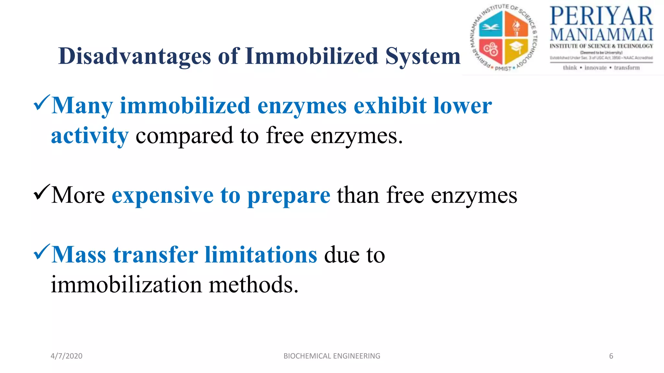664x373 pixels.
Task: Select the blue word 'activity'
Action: tap(90, 136)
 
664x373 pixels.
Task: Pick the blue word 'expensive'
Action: tap(162, 196)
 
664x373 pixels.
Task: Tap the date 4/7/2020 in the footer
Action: tap(66, 356)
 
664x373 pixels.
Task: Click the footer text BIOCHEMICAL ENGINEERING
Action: tap(332, 356)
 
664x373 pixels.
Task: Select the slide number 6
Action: tap(611, 356)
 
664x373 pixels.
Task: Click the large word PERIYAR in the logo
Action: tap(601, 16)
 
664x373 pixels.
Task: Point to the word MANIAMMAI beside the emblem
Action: tap(601, 35)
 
